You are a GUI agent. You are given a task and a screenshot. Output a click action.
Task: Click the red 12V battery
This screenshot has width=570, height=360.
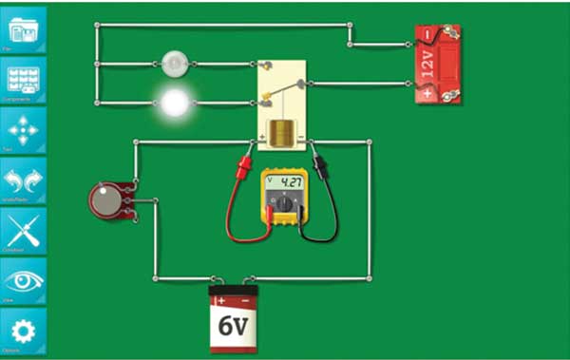(x=437, y=65)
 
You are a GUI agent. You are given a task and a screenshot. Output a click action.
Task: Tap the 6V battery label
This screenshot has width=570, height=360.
(x=233, y=326)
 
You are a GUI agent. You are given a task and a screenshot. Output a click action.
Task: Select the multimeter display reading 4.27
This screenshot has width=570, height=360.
(x=290, y=181)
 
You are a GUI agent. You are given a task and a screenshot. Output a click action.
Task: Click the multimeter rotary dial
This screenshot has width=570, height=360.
(x=282, y=203)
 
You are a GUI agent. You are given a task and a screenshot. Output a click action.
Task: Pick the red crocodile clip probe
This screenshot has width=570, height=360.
(x=244, y=168)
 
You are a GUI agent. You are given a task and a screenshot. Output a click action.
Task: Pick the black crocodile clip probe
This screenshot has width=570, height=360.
(x=321, y=168)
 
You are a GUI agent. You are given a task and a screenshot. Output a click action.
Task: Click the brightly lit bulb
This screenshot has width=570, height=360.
(x=175, y=102)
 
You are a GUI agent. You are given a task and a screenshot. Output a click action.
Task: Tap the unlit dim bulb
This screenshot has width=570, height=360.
(x=175, y=64)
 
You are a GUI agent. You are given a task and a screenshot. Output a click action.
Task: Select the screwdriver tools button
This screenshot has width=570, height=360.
(x=23, y=230)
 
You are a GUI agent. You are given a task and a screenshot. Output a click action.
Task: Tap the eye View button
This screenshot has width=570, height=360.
(x=23, y=282)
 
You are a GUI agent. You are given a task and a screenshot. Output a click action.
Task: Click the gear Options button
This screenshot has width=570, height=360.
(x=23, y=332)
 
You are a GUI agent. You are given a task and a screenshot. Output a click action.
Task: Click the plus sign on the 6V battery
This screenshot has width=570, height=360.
(x=222, y=300)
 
